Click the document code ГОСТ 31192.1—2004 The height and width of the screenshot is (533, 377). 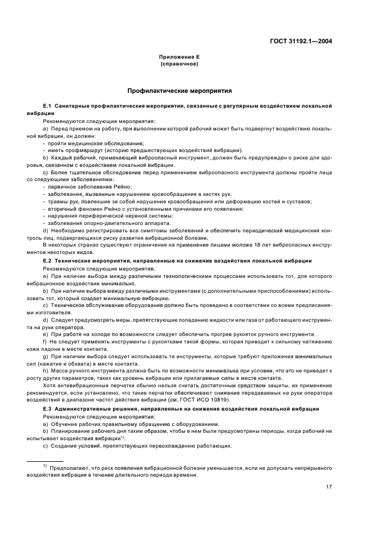(x=302, y=41)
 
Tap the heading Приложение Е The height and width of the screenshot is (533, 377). (x=179, y=58)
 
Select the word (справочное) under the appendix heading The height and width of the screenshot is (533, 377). (x=179, y=64)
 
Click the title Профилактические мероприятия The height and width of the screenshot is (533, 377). (x=179, y=91)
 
